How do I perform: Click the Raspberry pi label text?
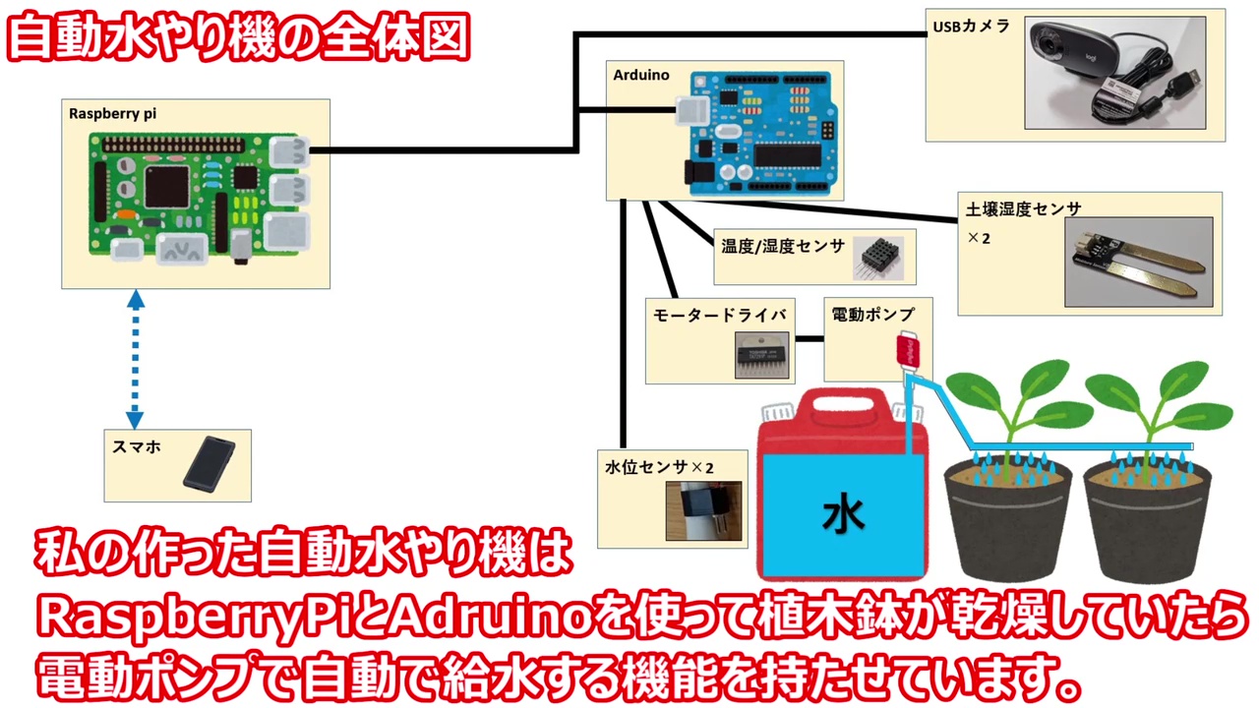[112, 113]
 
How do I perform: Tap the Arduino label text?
[641, 75]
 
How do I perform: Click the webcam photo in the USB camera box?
[1114, 72]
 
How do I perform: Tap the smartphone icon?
[209, 464]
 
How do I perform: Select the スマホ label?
[137, 446]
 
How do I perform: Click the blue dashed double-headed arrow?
[135, 358]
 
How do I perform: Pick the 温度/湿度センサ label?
[783, 246]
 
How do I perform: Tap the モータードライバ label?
[720, 315]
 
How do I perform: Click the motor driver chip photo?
[761, 355]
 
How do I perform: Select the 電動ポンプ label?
[872, 315]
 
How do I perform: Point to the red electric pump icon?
[908, 350]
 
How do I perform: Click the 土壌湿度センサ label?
[1023, 209]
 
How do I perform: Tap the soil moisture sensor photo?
[1138, 262]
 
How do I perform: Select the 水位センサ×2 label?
[659, 467]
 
